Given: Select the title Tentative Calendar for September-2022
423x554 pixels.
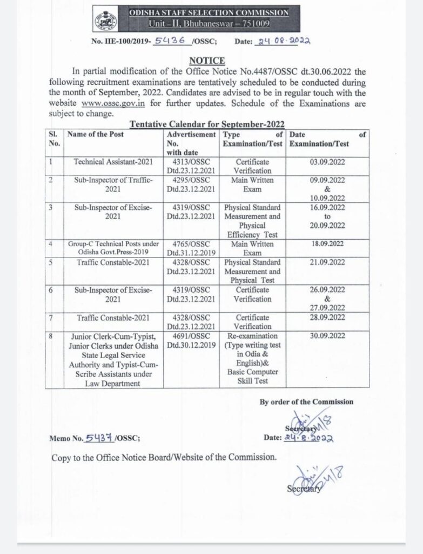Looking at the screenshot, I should (x=207, y=124).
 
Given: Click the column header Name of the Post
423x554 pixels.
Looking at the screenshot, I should (x=94, y=134).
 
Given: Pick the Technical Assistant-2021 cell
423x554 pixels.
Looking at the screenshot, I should (x=112, y=162).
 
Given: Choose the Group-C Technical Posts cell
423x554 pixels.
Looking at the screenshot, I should (x=112, y=245).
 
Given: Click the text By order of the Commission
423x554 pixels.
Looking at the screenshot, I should (x=306, y=402).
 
